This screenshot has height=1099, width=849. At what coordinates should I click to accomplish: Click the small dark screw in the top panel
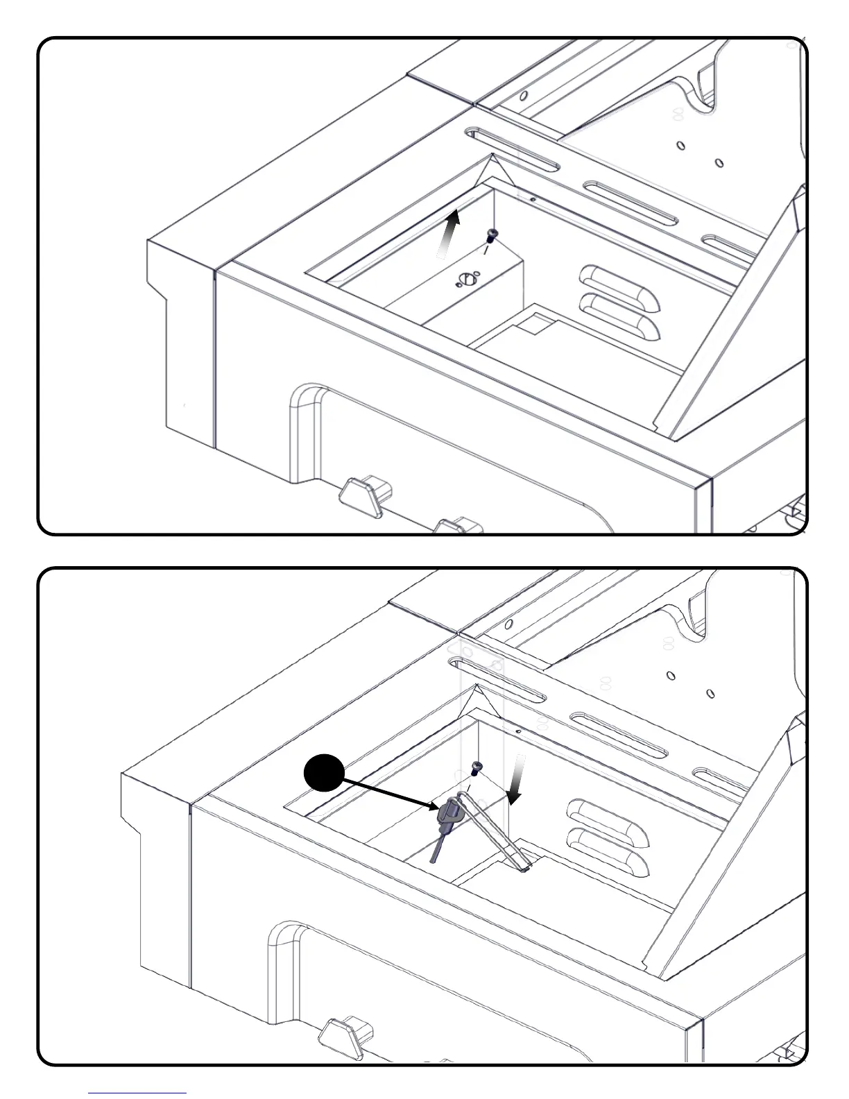[492, 234]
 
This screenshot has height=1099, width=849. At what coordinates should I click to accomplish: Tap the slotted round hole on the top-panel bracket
[466, 280]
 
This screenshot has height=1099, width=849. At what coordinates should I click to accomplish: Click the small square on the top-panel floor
[533, 322]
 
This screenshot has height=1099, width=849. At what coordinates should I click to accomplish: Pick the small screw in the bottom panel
[477, 767]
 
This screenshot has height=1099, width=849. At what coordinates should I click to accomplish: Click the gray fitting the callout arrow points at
[448, 814]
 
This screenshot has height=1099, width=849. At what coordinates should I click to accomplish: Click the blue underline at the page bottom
[137, 1093]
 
